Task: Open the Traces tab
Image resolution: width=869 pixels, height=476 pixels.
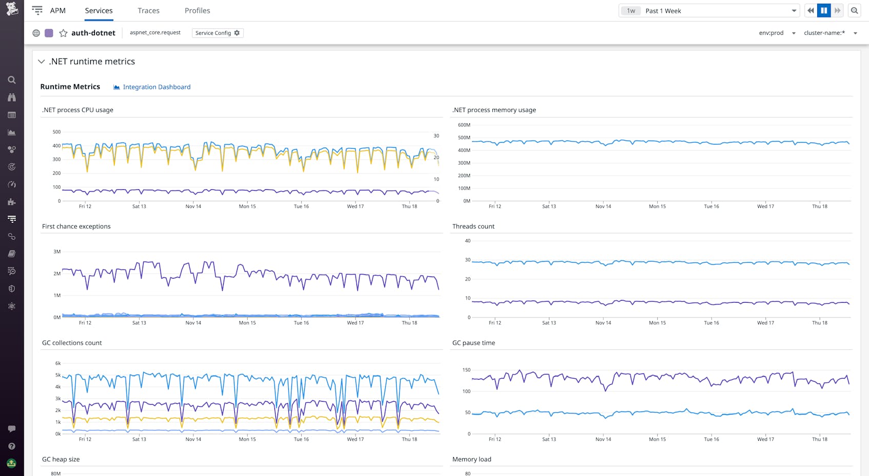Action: [x=148, y=11]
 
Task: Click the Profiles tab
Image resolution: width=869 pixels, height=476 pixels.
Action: [x=197, y=11]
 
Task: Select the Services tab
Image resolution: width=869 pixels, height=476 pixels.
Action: [x=98, y=11]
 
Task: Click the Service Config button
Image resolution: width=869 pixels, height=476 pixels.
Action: [x=218, y=33]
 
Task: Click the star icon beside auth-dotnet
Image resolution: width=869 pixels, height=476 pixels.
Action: [x=63, y=33]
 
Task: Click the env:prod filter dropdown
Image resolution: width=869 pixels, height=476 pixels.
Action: [x=777, y=33]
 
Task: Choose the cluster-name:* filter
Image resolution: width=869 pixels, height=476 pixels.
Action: [x=830, y=33]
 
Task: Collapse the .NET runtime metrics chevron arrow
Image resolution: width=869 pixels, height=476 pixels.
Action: [x=42, y=62]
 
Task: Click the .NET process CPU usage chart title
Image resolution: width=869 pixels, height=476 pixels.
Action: [x=77, y=110]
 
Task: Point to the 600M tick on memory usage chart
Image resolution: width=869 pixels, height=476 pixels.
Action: [x=464, y=125]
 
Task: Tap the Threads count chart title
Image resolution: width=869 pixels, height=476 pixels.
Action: [x=473, y=226]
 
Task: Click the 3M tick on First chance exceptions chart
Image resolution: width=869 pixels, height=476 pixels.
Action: [x=57, y=251]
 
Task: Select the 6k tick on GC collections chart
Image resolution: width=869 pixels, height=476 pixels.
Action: [x=58, y=363]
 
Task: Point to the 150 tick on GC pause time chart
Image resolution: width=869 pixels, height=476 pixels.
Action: [x=466, y=370]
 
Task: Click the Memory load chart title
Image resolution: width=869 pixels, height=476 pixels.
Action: [x=471, y=459]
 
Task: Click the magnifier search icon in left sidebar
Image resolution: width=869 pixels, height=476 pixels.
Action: [x=11, y=80]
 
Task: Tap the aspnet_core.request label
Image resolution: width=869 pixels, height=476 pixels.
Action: [x=155, y=33]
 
